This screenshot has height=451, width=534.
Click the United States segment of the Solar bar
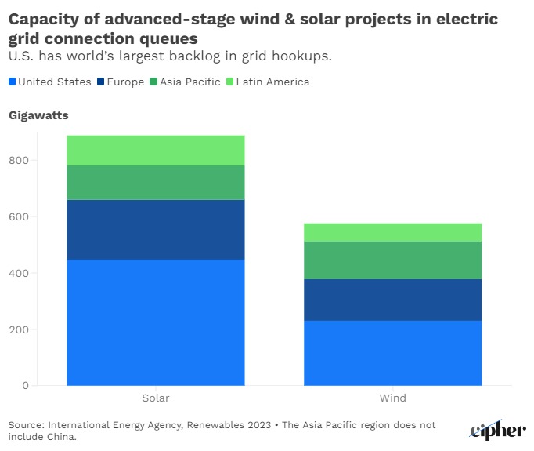pos(155,322)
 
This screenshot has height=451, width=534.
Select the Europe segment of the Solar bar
pos(155,229)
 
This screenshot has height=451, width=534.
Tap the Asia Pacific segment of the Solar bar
pos(155,182)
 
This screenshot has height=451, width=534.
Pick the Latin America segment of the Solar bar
pos(155,150)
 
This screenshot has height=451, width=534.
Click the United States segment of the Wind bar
pos(392,352)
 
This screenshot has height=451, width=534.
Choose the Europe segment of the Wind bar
pos(392,300)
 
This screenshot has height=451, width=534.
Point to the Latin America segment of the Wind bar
pos(392,232)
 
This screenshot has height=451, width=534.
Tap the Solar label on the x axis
pos(155,398)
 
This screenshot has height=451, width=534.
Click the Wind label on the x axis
pos(392,398)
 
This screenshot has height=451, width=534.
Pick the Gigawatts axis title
pos(38,115)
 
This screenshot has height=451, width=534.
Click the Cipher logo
pos(497,429)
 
